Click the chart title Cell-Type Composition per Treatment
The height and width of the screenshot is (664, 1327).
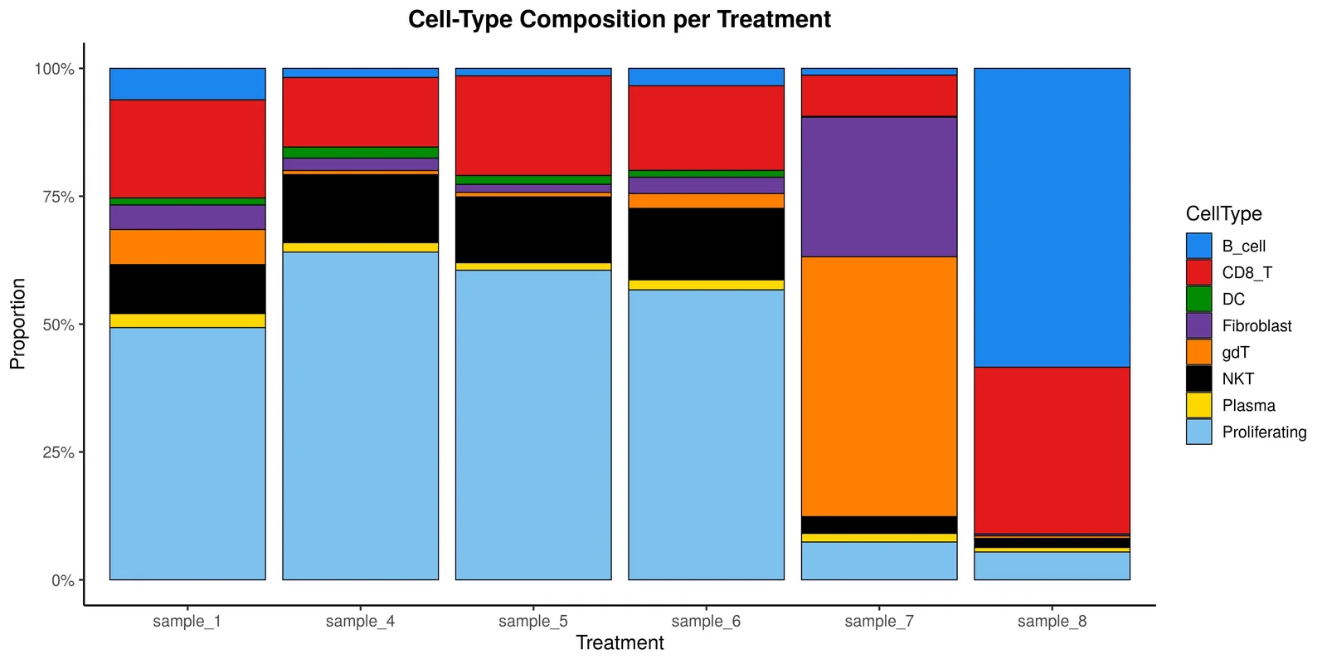tap(619, 20)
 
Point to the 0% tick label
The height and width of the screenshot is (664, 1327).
tap(63, 580)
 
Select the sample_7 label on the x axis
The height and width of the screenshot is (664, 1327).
tap(879, 622)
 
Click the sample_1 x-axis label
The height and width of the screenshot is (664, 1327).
tap(187, 622)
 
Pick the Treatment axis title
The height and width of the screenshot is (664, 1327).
tap(620, 643)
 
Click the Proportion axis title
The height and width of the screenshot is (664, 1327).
tap(17, 324)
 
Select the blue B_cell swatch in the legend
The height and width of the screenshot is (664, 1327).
tap(1198, 246)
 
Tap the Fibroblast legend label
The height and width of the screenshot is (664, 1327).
tap(1257, 326)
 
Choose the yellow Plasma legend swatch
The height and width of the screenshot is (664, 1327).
tap(1198, 406)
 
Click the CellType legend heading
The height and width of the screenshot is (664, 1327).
tap(1223, 213)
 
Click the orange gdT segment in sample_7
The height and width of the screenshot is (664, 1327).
tap(879, 387)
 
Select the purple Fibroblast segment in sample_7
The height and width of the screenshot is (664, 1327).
tap(879, 187)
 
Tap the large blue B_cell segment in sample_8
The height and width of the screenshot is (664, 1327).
tap(1052, 217)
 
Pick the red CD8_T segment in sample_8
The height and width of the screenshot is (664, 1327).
tap(1052, 451)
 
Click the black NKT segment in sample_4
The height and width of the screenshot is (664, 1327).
tap(361, 208)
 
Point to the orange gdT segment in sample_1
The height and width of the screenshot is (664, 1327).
tap(187, 247)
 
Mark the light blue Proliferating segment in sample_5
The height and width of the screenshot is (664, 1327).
tap(534, 425)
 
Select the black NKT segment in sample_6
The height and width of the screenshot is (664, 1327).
tap(706, 244)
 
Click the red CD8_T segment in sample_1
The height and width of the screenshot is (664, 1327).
tap(187, 149)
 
